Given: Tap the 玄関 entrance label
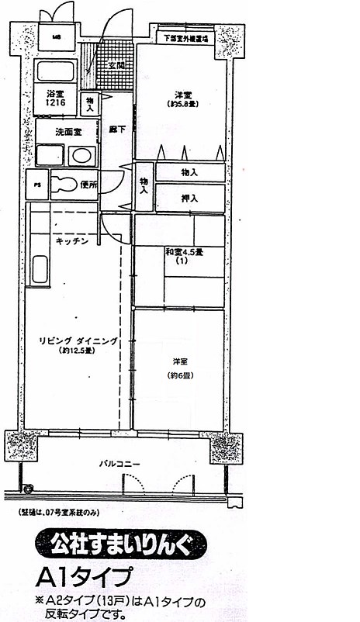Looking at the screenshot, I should click(x=116, y=66).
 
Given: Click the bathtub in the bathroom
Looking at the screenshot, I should click(x=55, y=71).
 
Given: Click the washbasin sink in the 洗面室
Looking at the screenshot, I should click(x=81, y=155).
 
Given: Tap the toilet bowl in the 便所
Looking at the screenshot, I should click(x=66, y=185).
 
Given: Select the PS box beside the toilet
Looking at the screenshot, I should click(x=36, y=185).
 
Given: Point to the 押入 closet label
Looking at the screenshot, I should click(x=189, y=199).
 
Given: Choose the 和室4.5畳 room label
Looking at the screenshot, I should click(x=182, y=251).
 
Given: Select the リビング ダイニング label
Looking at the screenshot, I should click(x=78, y=340).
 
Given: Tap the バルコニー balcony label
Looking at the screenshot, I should click(x=119, y=464).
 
